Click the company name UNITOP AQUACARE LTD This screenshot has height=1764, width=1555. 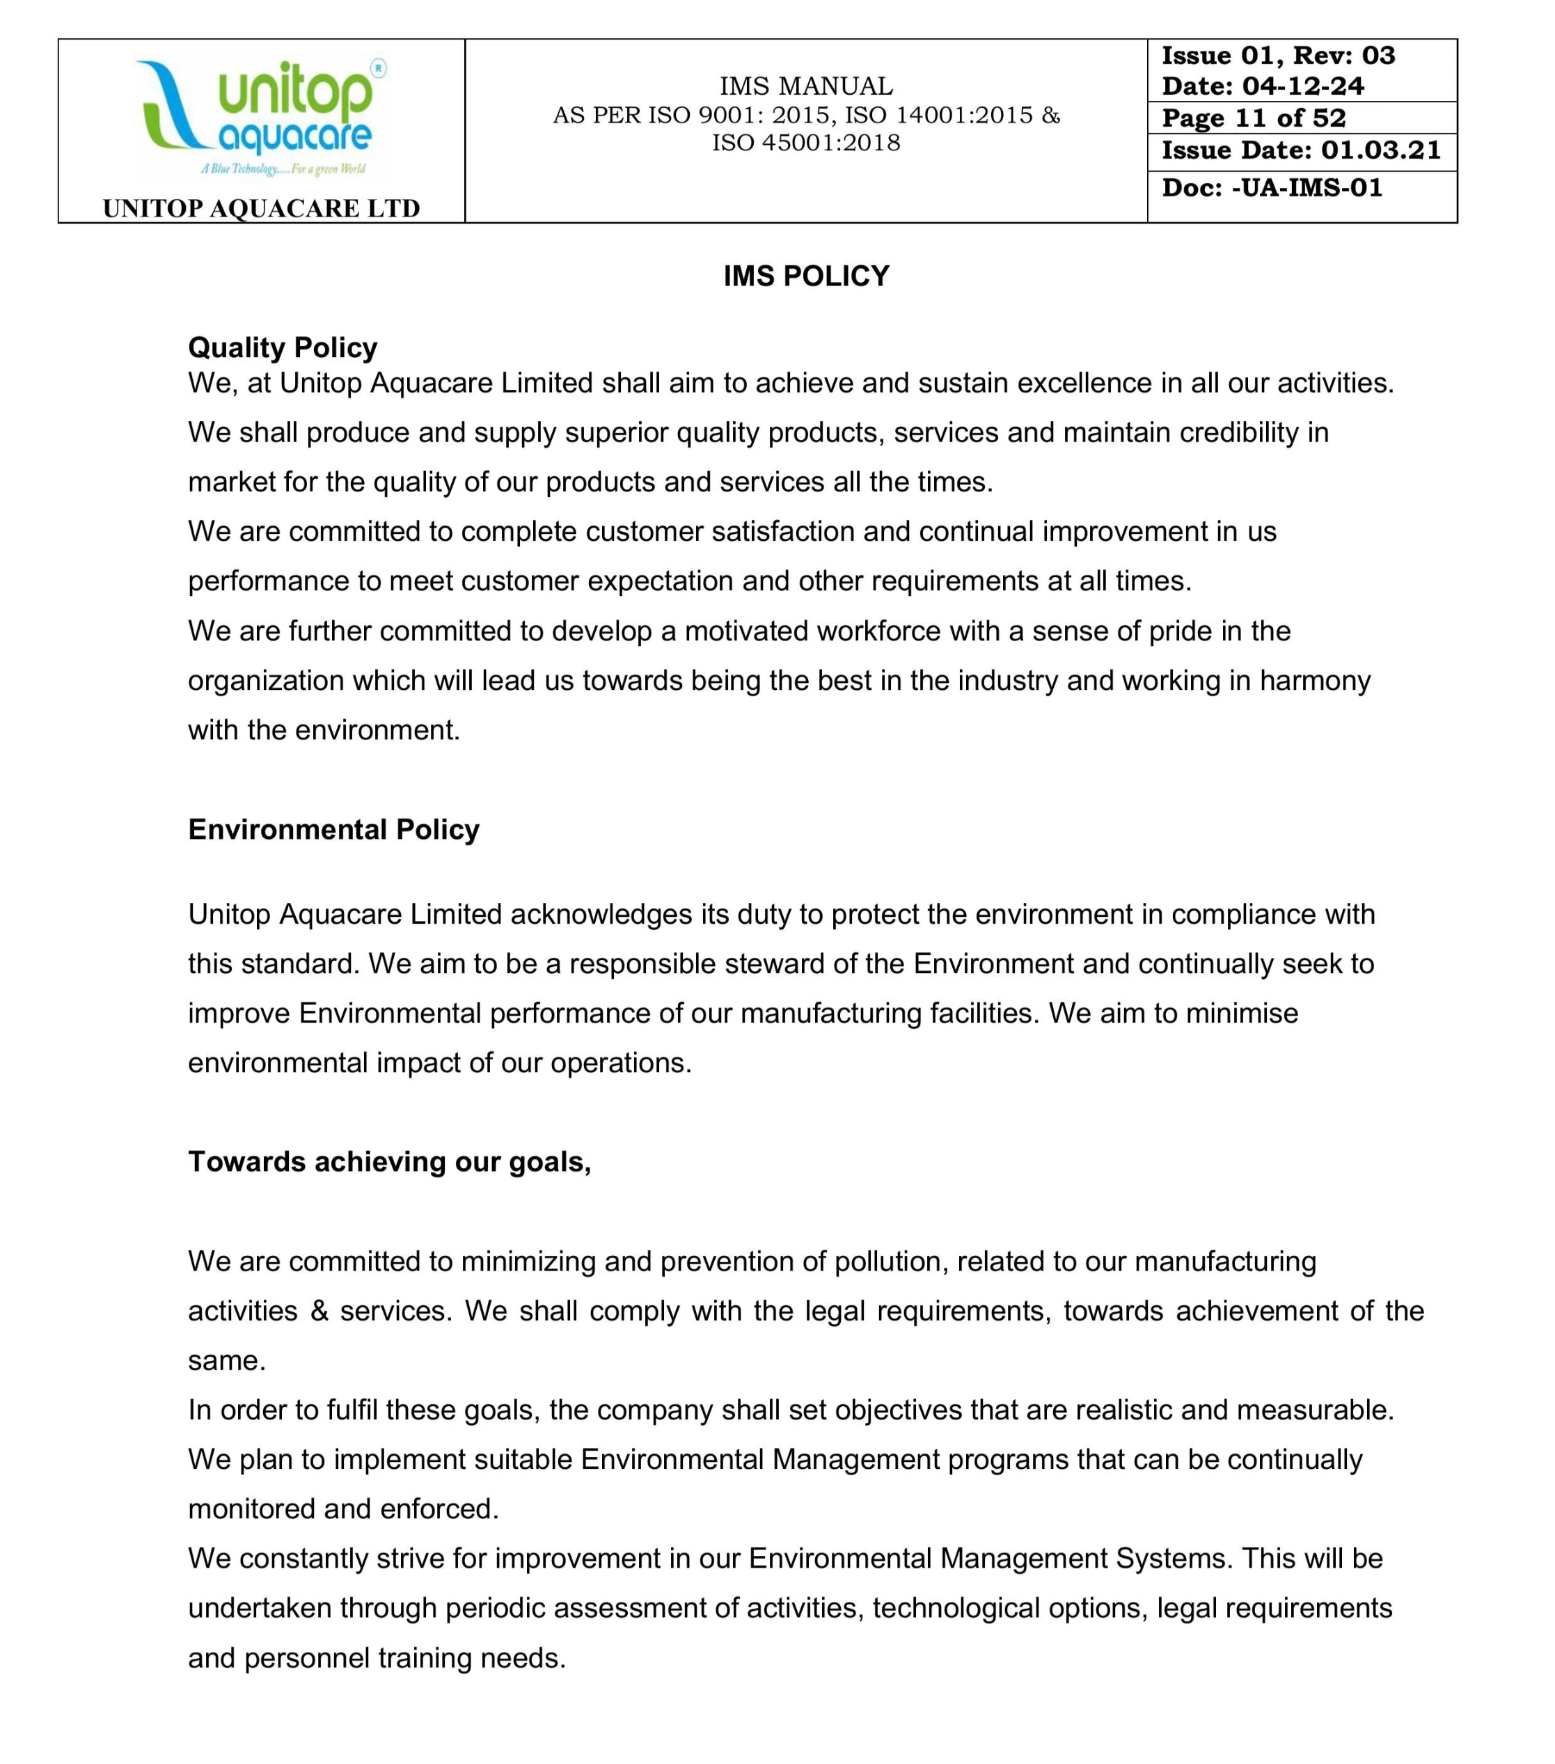[x=262, y=208]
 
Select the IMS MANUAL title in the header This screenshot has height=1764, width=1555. [x=806, y=86]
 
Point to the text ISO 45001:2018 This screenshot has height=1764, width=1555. [x=806, y=143]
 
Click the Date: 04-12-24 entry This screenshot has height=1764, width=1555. [x=1263, y=86]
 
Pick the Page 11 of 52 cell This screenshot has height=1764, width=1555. [x=1253, y=118]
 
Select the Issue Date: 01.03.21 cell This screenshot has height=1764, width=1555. [x=1302, y=150]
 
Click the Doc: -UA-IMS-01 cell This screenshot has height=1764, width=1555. [x=1272, y=188]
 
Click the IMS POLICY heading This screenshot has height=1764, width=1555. [x=806, y=276]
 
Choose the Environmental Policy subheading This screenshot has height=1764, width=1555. [x=334, y=829]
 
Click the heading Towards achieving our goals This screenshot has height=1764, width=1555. [x=390, y=1162]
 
